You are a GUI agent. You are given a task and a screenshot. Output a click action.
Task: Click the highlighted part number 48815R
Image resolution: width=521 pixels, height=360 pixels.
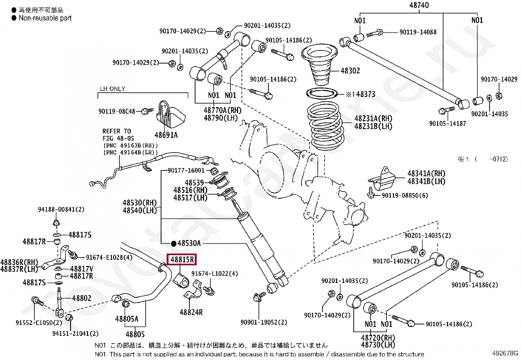pyautogui.click(x=182, y=259)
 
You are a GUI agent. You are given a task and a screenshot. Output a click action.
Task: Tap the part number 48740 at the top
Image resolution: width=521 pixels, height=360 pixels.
pyautogui.click(x=419, y=5)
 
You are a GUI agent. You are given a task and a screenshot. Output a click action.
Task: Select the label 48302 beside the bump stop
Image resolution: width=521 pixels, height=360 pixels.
pyautogui.click(x=350, y=70)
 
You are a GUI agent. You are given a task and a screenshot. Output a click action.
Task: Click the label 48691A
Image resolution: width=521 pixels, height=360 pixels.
pyautogui.click(x=166, y=135)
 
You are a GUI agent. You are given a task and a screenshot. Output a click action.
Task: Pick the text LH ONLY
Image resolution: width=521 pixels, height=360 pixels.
pyautogui.click(x=113, y=89)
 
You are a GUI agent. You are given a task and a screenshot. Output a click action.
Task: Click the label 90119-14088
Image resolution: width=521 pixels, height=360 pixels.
pyautogui.click(x=418, y=32)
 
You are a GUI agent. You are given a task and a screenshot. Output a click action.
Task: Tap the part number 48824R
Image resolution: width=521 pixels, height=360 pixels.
pyautogui.click(x=191, y=312)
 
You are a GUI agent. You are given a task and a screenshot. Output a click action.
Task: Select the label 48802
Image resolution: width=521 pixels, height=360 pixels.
pyautogui.click(x=81, y=298)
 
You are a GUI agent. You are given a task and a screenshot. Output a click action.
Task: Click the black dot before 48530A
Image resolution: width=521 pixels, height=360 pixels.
pyautogui.click(x=173, y=244)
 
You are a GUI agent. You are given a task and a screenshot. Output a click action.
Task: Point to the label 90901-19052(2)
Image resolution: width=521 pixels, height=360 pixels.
pyautogui.click(x=263, y=322)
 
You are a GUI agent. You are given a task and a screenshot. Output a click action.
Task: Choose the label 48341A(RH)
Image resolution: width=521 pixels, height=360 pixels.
pyautogui.click(x=426, y=174)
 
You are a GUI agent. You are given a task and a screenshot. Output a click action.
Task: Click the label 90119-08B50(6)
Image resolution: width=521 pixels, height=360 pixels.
pyautogui.click(x=405, y=195)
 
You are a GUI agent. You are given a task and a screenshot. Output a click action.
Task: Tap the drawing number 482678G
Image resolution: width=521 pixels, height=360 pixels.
pyautogui.click(x=505, y=353)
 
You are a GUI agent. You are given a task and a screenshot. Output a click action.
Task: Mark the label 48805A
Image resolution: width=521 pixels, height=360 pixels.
pyautogui.click(x=127, y=318)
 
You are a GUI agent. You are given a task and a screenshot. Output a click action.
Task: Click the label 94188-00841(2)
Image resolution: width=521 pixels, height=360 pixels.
pyautogui.click(x=61, y=209)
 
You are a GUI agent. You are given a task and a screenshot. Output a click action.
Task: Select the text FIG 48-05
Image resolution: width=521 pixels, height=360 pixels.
pyautogui.click(x=118, y=138)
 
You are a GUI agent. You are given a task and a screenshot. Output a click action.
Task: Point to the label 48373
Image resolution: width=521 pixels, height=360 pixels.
pyautogui.click(x=366, y=94)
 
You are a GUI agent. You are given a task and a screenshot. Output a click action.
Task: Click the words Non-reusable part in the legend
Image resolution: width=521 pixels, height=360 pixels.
pyautogui.click(x=45, y=18)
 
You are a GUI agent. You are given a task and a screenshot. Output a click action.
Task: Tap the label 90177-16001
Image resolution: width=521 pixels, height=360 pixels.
pyautogui.click(x=186, y=170)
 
